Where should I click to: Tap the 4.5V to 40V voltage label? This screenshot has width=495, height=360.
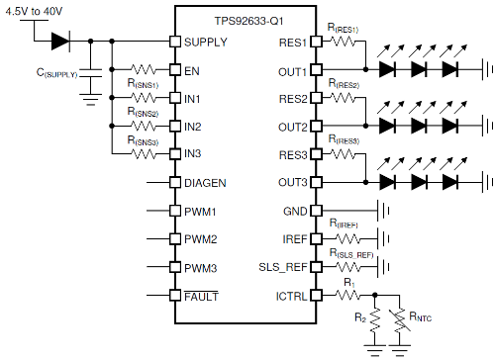39,12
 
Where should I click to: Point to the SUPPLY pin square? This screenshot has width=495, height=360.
174,42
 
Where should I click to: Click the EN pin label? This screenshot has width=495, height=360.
192,70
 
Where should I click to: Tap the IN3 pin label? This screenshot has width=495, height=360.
193,154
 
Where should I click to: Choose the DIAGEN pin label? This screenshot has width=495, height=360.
205,183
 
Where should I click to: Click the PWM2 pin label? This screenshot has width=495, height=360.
201,239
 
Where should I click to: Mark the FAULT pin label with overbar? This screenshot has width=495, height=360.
200,296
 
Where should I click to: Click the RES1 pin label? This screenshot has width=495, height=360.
292,42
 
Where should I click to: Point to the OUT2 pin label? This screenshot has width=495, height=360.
292,128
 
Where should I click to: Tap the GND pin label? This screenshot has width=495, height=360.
294,239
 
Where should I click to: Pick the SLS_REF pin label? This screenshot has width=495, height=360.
283,268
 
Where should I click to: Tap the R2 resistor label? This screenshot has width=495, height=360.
359,318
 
